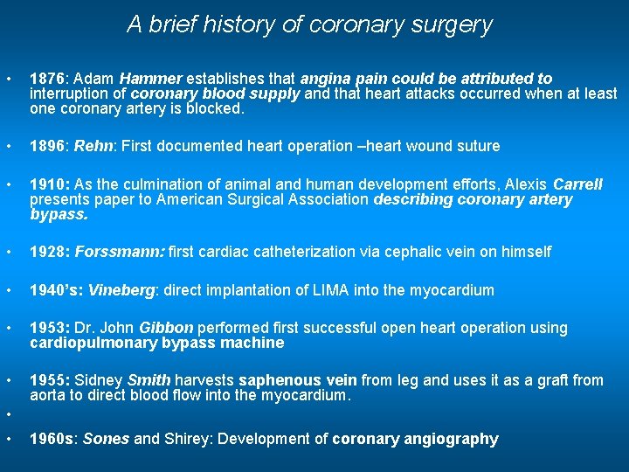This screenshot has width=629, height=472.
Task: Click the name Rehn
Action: pyautogui.click(x=93, y=146)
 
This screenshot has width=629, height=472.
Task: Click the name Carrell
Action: pyautogui.click(x=578, y=184)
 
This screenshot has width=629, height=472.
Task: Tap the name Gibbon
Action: pyautogui.click(x=169, y=328)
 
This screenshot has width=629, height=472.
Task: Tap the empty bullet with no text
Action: pyautogui.click(x=8, y=414)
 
